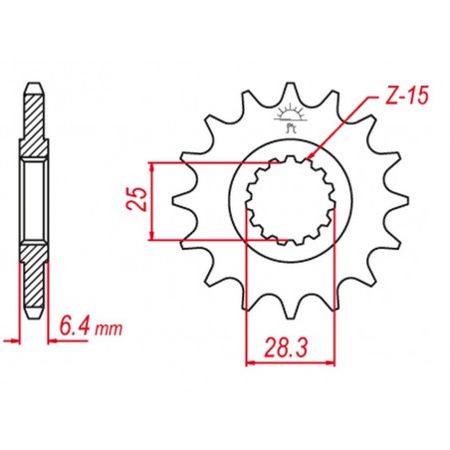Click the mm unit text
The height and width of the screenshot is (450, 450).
(x=107, y=326)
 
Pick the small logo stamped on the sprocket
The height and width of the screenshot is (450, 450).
(x=293, y=118)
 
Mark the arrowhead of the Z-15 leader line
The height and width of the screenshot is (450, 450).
(x=310, y=157)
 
